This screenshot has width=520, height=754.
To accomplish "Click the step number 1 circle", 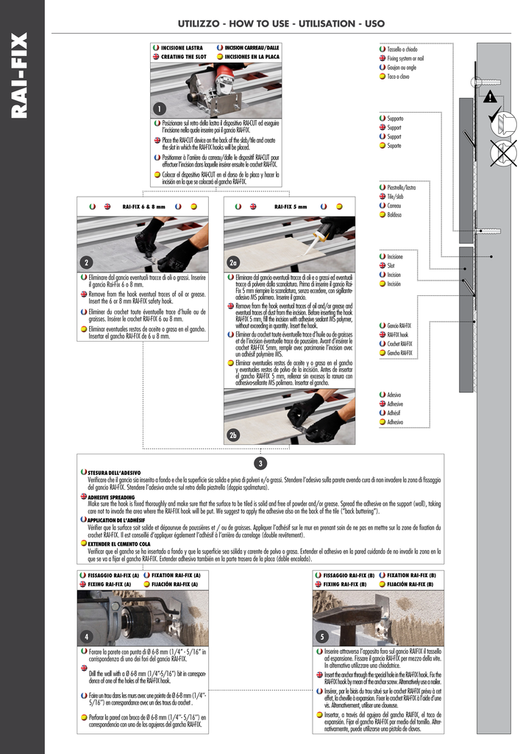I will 158,109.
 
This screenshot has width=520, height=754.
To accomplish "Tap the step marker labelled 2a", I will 233,263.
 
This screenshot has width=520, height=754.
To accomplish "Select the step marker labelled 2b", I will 233,434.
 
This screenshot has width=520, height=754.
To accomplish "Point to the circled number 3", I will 260,462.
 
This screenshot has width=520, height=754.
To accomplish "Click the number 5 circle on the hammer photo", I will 321,636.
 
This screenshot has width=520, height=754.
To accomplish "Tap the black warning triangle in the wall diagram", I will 491,96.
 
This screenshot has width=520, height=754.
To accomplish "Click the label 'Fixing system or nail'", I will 405,57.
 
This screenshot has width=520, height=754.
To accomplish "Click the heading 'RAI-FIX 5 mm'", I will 291,207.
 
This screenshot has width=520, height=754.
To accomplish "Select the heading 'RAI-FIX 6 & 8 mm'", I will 143,207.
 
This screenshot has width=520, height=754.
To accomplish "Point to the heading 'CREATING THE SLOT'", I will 183,56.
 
